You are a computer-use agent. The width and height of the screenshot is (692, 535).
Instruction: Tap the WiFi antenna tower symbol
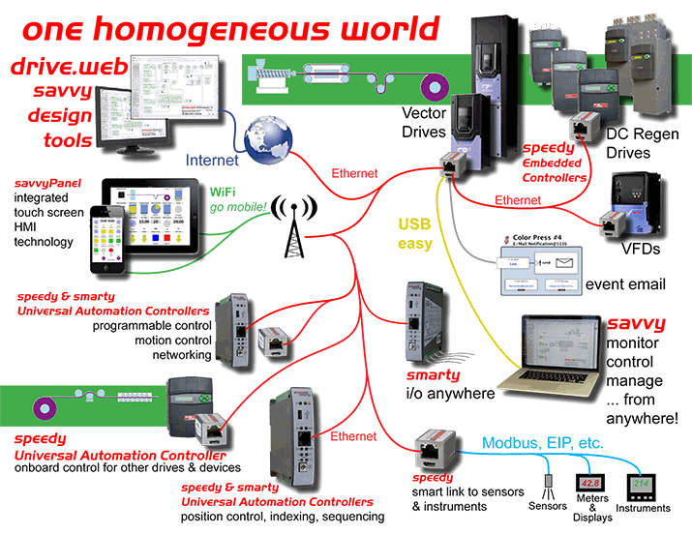pyautogui.click(x=290, y=226)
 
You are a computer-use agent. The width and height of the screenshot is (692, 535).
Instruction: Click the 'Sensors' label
pyautogui.click(x=547, y=506)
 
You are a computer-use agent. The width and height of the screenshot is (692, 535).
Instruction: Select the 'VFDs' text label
pyautogui.click(x=640, y=247)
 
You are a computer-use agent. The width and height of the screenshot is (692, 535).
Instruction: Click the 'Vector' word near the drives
pyautogui.click(x=423, y=113)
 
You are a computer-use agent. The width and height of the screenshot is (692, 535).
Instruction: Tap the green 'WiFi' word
pyautogui.click(x=224, y=192)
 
